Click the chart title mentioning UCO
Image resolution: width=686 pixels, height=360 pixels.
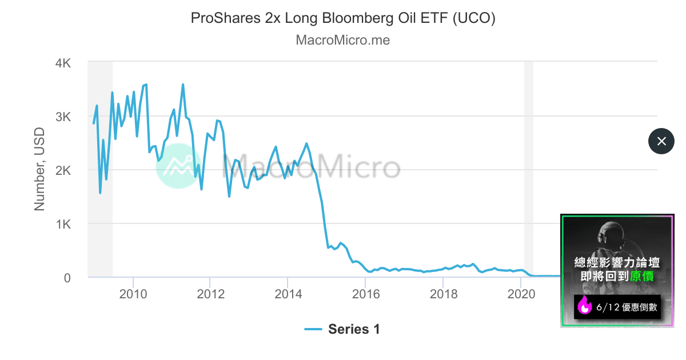[x=342, y=18]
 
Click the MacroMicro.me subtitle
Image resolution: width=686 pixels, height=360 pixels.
[x=342, y=41]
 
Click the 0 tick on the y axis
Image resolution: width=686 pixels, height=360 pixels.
[x=67, y=278]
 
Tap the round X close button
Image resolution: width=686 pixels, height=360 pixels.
[x=661, y=141]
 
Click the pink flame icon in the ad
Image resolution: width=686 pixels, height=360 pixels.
[x=585, y=307]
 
